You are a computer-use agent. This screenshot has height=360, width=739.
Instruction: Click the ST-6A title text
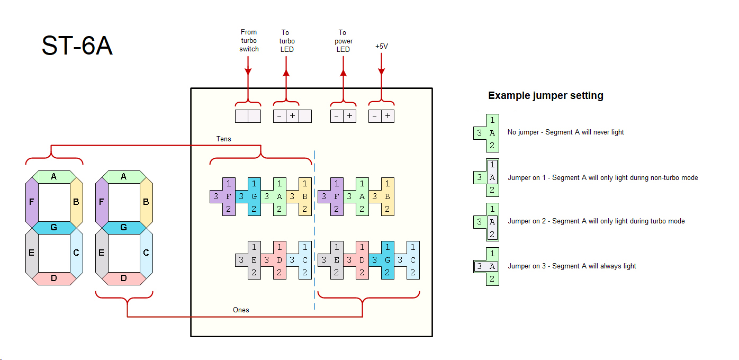[x=77, y=47]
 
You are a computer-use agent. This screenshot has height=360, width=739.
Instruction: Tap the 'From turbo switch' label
[x=249, y=41]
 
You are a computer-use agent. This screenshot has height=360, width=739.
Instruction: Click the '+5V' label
[x=381, y=47]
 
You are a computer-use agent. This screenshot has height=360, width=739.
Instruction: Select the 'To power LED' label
[x=343, y=41]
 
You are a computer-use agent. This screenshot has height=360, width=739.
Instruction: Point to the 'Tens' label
[x=223, y=139]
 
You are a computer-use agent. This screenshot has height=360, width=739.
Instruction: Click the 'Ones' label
[x=241, y=310]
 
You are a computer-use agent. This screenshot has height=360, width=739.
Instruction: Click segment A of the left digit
[x=53, y=177]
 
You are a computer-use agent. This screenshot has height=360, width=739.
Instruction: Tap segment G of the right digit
[x=123, y=228]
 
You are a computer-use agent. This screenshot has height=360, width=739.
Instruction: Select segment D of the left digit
[x=53, y=278]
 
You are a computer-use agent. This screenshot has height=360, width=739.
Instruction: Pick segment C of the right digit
[x=146, y=253]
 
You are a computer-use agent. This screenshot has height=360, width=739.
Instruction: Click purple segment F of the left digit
[x=31, y=202]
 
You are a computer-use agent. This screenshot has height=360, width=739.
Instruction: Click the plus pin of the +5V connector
[x=388, y=116]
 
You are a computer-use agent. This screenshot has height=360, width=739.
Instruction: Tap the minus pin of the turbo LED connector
[x=280, y=116]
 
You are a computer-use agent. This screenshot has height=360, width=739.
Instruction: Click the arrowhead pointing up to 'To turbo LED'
[x=286, y=73]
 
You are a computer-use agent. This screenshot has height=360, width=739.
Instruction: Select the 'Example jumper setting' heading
[x=545, y=96]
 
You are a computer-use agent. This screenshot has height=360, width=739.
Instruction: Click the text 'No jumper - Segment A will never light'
[x=565, y=132]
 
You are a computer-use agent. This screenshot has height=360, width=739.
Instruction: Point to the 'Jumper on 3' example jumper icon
[x=486, y=266]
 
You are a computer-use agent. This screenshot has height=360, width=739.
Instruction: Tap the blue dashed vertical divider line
[x=315, y=228]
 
